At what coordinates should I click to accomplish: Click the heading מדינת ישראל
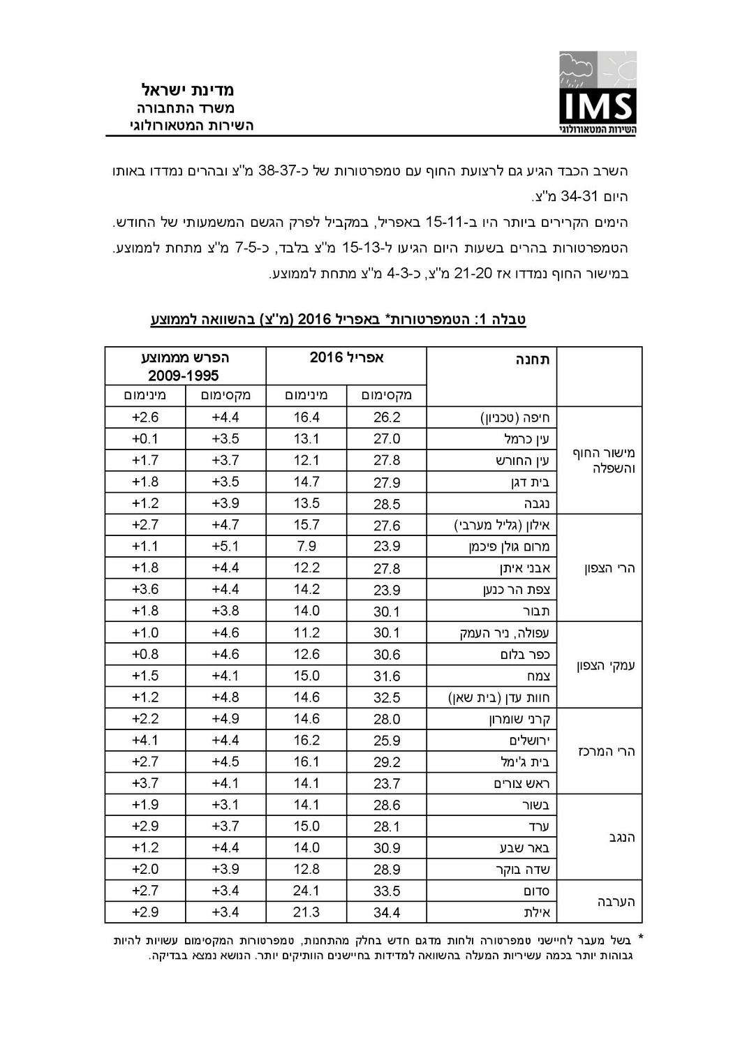[188, 90]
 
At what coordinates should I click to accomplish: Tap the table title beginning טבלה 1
[338, 320]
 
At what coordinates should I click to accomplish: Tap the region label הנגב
[616, 837]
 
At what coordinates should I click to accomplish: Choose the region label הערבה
[614, 902]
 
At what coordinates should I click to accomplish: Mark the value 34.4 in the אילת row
[387, 912]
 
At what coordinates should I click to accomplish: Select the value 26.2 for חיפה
[387, 417]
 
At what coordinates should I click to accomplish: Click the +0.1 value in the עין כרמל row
[145, 439]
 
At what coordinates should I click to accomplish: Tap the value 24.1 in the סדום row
[306, 891]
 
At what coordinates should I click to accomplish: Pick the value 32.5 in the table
[387, 697]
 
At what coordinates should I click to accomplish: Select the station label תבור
[537, 611]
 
